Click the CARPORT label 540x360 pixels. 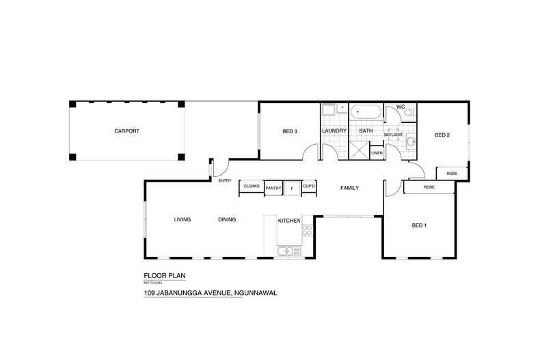(126, 130)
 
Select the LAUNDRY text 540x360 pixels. (334, 130)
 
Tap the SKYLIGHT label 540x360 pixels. (393, 135)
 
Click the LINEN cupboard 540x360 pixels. (377, 153)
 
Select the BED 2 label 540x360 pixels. (442, 135)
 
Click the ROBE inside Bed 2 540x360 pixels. (452, 174)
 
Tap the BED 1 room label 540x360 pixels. (419, 225)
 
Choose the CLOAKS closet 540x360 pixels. (251, 186)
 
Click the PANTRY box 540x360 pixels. (273, 187)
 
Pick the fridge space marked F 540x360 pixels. (293, 187)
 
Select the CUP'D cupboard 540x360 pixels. (308, 186)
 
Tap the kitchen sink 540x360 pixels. (286, 251)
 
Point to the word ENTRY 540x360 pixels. (224, 180)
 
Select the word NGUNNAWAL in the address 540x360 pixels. (259, 293)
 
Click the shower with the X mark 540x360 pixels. (358, 150)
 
